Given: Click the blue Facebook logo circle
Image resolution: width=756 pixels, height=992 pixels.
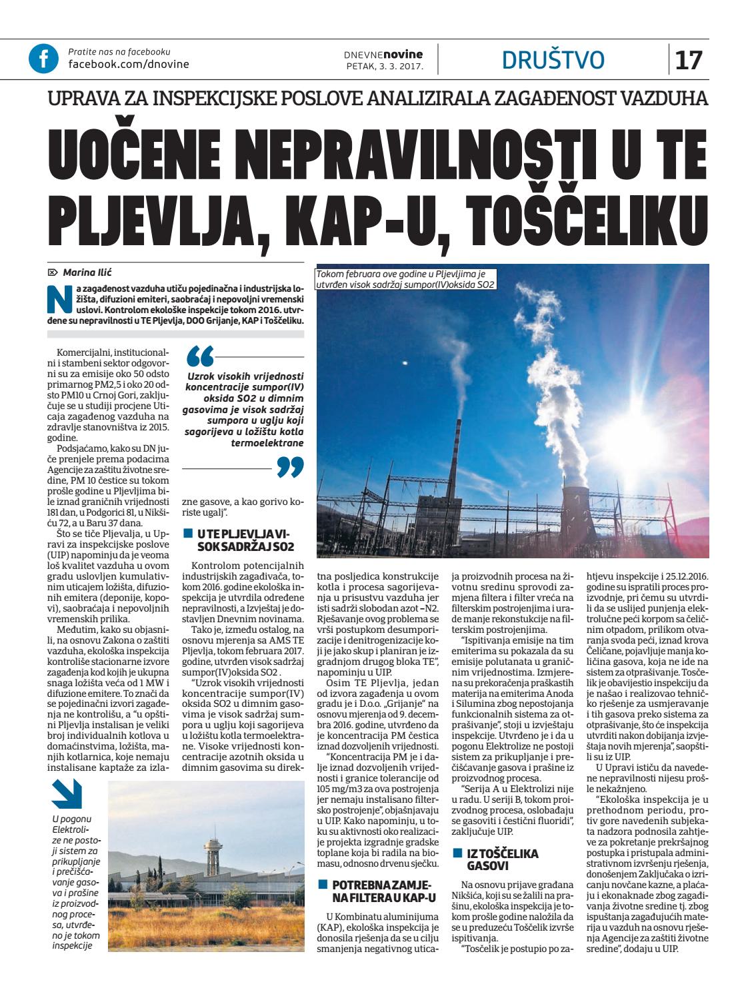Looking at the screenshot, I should click(43, 59).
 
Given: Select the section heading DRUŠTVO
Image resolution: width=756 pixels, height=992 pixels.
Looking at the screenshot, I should click(553, 60).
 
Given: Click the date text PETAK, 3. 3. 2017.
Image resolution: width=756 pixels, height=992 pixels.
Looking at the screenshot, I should click(384, 67).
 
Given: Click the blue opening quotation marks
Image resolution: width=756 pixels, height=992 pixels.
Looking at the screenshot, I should click(201, 356).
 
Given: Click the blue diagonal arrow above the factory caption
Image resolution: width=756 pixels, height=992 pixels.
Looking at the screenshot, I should click(67, 795).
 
